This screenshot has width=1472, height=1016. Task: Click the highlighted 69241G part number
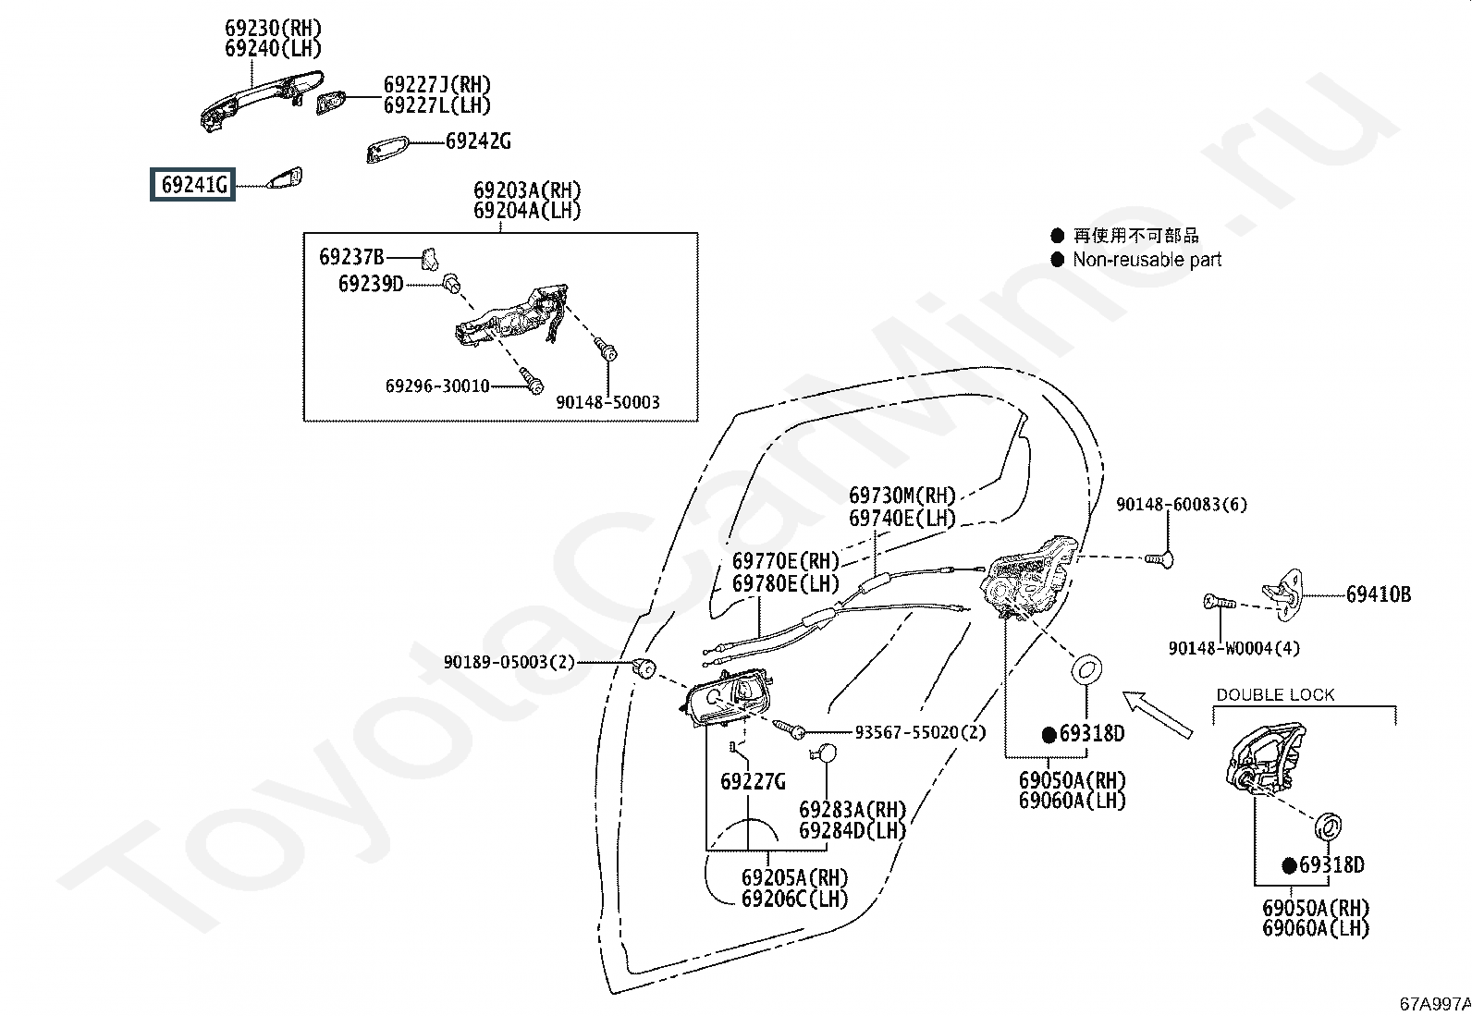[x=193, y=185]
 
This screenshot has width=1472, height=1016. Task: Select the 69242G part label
[x=477, y=141]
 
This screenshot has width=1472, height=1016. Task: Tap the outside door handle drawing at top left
[x=260, y=100]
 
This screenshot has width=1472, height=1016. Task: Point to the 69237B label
[x=351, y=257]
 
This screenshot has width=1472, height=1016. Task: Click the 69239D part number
[x=371, y=284]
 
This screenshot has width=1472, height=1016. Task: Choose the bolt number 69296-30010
[x=437, y=386]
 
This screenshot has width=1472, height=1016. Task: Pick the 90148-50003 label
[x=607, y=402]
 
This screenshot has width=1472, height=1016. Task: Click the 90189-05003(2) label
[x=509, y=662]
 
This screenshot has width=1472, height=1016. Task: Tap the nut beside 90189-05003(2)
[x=646, y=666]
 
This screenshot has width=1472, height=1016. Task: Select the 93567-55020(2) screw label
[x=920, y=732]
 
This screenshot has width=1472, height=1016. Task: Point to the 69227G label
[x=753, y=782]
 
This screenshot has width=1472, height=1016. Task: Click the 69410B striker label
[x=1378, y=594]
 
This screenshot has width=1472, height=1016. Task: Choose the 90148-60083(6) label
[x=1181, y=505]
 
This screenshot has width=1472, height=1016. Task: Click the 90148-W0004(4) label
[x=1233, y=648]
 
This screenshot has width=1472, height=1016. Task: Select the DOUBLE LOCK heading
[x=1275, y=695]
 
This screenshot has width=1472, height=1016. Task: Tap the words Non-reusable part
[x=1147, y=260]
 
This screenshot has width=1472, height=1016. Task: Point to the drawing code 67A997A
[x=1434, y=1003]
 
